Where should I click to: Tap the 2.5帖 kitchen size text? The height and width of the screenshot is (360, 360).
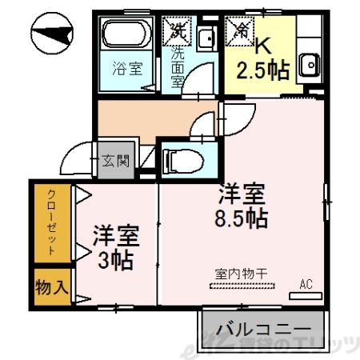[x=262, y=70]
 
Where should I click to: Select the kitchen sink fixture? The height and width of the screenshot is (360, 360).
[x=308, y=62]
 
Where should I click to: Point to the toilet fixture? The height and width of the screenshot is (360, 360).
[x=180, y=160]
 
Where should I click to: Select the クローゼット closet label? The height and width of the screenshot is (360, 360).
[x=50, y=223]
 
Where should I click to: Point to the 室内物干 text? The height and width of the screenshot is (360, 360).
[x=241, y=274]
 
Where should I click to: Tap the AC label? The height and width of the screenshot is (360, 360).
[x=306, y=283]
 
